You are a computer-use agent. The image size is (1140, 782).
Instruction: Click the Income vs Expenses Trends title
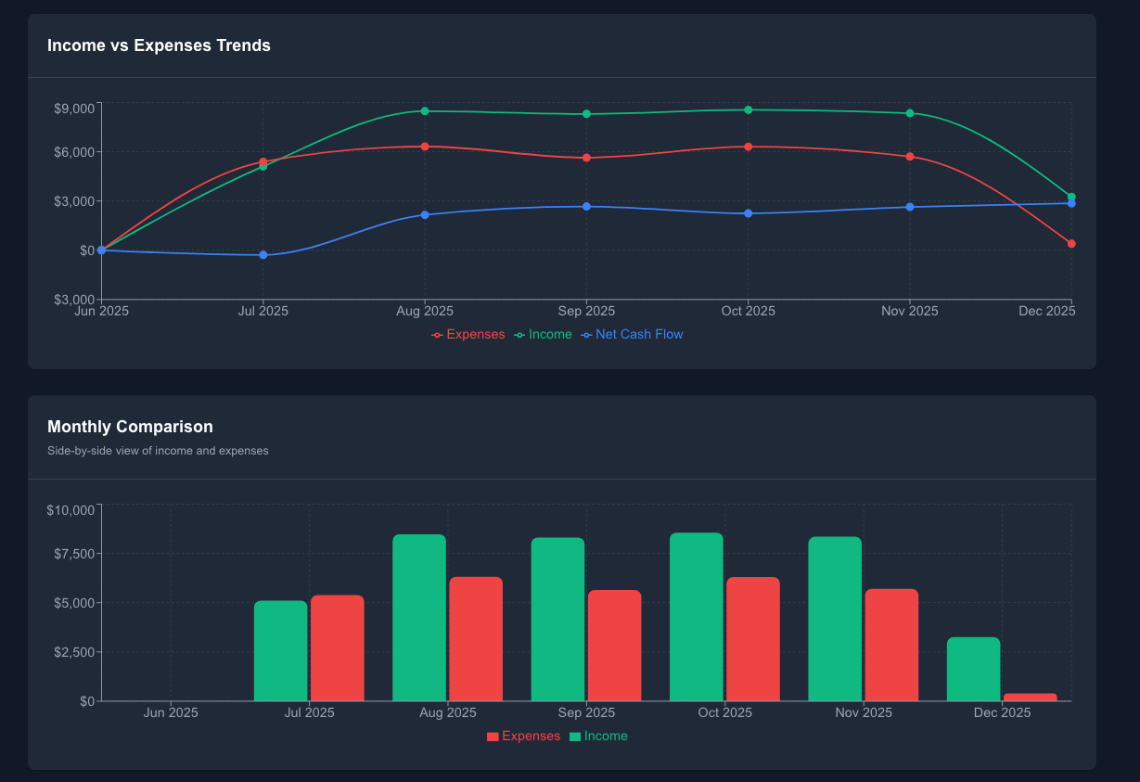click(159, 45)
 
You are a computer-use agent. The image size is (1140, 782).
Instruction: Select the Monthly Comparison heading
click(130, 427)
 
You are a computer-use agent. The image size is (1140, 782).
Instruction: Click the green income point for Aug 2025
click(425, 111)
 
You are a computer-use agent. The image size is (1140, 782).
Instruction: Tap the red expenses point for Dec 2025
click(1071, 244)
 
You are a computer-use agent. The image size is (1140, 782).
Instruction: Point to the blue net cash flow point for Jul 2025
click(263, 255)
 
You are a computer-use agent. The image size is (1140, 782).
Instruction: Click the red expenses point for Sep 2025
click(586, 158)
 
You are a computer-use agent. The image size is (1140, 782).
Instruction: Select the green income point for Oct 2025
click(748, 110)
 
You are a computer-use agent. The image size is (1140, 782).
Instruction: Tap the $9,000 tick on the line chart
click(74, 109)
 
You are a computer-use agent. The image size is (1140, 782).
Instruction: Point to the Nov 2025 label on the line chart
click(909, 312)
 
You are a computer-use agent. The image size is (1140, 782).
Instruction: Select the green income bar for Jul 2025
click(280, 650)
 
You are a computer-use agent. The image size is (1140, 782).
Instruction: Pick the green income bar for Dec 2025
click(973, 669)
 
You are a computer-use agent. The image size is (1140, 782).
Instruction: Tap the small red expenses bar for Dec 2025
click(1030, 697)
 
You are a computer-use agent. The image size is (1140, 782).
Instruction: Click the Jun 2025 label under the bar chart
click(171, 713)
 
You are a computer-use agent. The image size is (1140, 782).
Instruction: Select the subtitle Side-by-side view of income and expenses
click(158, 451)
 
